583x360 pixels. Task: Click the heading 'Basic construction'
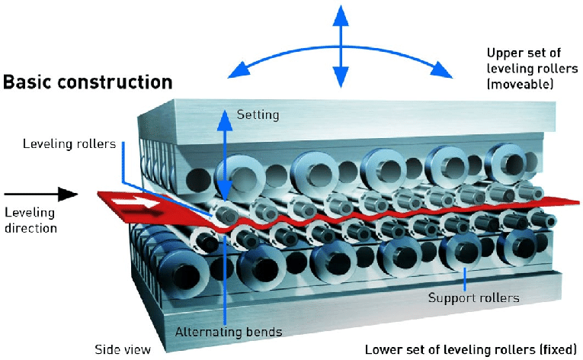88,82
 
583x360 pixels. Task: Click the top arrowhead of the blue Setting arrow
224,114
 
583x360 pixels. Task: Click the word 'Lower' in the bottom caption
382,350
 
